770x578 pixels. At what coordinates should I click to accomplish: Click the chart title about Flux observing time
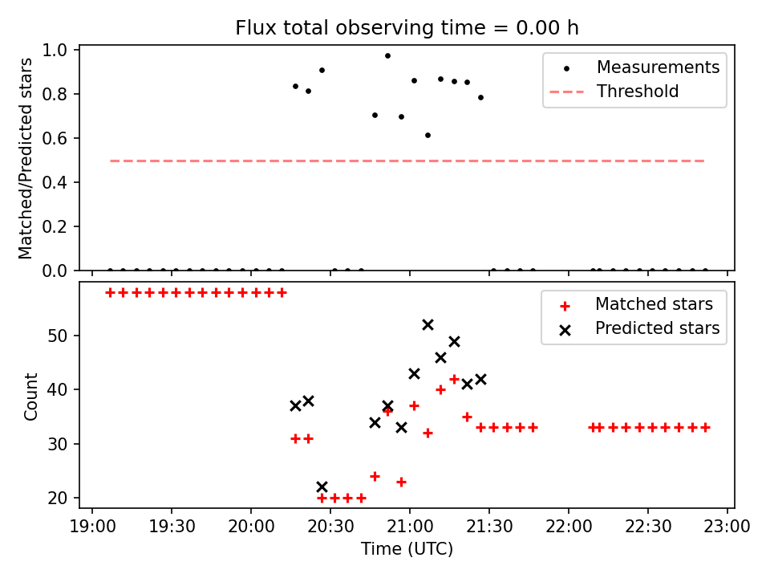(x=407, y=27)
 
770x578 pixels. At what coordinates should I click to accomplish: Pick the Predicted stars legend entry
(x=638, y=328)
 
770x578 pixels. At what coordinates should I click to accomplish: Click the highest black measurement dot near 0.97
(x=387, y=56)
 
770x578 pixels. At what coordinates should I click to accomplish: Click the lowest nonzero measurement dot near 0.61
(x=428, y=135)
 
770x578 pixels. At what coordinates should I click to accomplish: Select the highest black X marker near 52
(x=428, y=325)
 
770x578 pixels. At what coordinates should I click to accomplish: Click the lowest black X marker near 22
(x=322, y=487)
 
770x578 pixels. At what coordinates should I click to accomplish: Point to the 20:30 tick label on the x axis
(x=330, y=527)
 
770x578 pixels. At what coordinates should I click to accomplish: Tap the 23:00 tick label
(x=727, y=527)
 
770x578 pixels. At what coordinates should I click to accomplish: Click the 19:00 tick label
(x=92, y=527)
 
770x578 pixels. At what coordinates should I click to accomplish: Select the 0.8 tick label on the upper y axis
(x=55, y=94)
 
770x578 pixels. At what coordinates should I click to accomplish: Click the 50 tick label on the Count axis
(x=56, y=336)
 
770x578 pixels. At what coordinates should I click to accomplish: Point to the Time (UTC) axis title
(x=407, y=549)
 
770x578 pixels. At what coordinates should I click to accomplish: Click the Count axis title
(x=30, y=397)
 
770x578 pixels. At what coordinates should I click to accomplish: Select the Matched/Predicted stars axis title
(x=26, y=158)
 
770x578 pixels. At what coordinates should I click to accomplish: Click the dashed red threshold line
(x=407, y=161)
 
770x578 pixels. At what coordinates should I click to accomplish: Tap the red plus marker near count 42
(x=454, y=380)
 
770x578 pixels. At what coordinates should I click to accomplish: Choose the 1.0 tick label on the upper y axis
(x=55, y=50)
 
